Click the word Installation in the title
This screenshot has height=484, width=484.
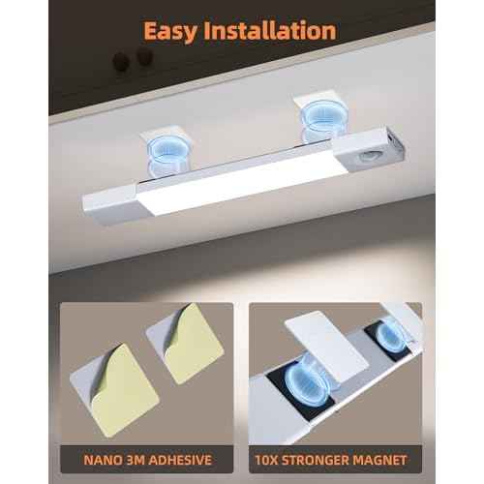click(x=277, y=30)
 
